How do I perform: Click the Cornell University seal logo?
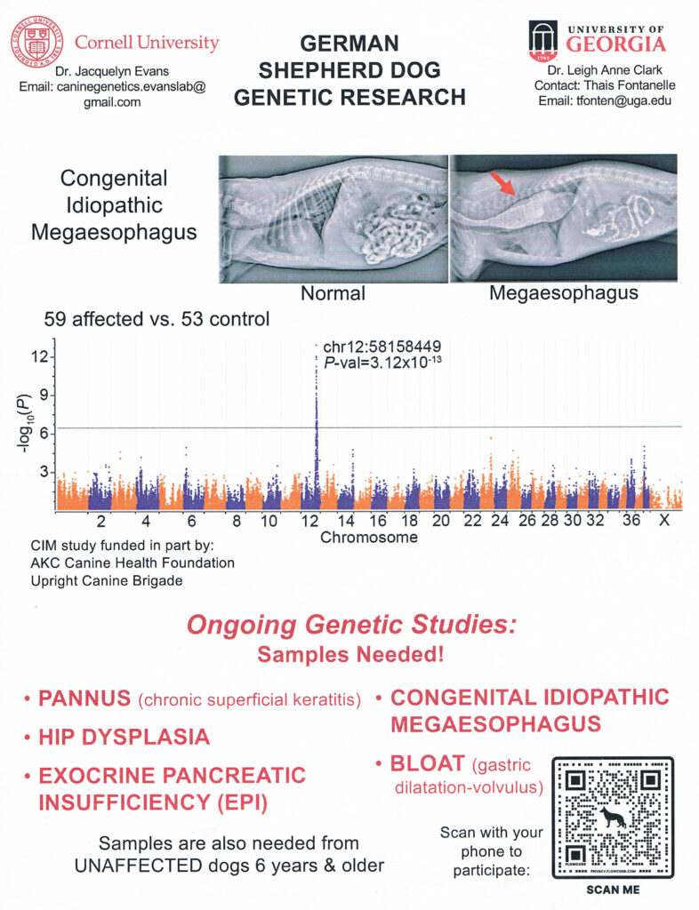37,43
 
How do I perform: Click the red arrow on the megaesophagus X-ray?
502,185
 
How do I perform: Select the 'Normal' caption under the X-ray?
333,292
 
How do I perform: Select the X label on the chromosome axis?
663,521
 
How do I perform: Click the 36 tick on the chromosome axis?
631,521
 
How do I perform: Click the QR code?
613,816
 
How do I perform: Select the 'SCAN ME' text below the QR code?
613,889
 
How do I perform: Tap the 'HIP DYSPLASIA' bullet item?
124,737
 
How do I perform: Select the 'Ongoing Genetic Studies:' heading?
350,626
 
